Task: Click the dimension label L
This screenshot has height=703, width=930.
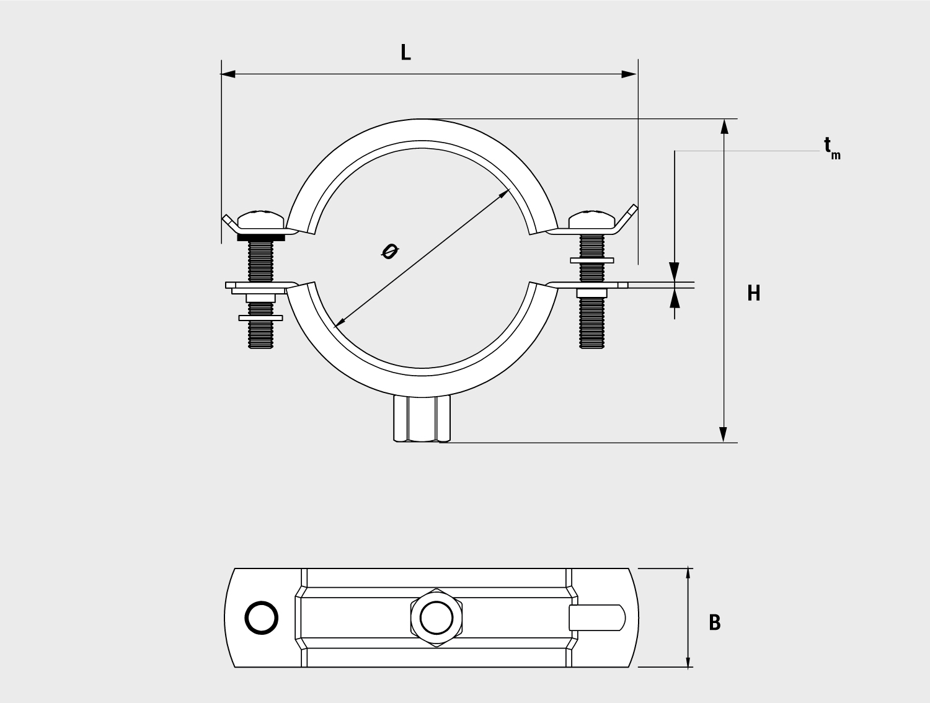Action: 405,53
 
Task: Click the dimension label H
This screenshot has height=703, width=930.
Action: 754,293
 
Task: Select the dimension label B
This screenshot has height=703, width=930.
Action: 715,622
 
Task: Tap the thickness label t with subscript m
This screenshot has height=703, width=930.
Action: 832,148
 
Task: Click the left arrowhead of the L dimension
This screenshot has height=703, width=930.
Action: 228,74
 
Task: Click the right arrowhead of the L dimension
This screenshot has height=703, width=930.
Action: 629,74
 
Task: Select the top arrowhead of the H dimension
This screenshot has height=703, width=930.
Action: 724,126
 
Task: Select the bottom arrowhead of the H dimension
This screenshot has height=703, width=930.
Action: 724,435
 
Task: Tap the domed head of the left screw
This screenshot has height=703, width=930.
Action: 260,219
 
